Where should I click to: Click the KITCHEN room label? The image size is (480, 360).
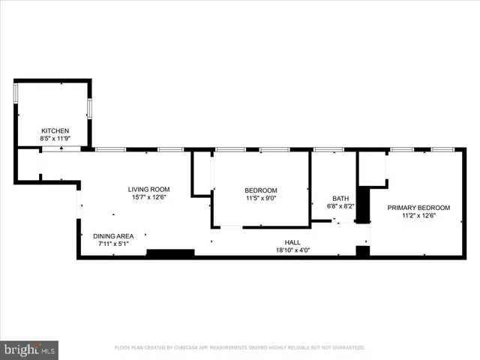click(x=55, y=130)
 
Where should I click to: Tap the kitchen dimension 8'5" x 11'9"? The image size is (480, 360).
click(x=55, y=139)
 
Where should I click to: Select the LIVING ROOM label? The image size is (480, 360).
click(x=148, y=189)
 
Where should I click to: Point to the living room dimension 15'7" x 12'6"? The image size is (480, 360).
click(x=148, y=197)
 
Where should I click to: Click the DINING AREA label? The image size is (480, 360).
click(x=113, y=236)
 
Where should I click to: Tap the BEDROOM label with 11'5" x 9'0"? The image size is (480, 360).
click(x=261, y=190)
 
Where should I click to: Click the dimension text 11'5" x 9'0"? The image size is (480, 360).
click(x=261, y=199)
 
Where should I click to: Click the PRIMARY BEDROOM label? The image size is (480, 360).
click(x=418, y=208)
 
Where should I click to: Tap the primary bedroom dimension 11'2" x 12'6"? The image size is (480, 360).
click(x=418, y=216)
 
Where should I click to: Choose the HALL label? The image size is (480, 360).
click(x=292, y=242)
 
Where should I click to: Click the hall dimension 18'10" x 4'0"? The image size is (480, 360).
click(x=292, y=250)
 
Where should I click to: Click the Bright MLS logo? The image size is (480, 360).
click(x=30, y=349)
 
